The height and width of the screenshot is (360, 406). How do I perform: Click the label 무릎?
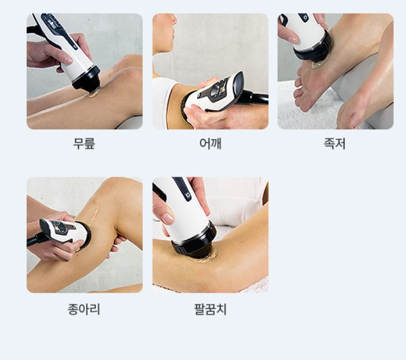(84, 143)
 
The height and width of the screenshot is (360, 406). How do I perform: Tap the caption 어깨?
(210, 143)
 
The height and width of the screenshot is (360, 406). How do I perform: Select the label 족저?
(335, 143)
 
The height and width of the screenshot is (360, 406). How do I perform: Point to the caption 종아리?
(84, 308)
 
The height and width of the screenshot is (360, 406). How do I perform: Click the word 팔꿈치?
(210, 308)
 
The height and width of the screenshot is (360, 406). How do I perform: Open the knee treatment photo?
(84, 71)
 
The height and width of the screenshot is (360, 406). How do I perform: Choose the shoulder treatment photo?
(210, 71)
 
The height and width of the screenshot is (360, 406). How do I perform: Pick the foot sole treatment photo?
(335, 71)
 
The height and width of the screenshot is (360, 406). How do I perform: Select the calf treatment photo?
(84, 235)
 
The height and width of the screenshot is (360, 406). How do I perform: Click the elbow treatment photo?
(210, 235)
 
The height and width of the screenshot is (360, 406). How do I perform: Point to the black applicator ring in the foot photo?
(313, 48)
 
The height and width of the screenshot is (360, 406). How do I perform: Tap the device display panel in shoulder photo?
(222, 88)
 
